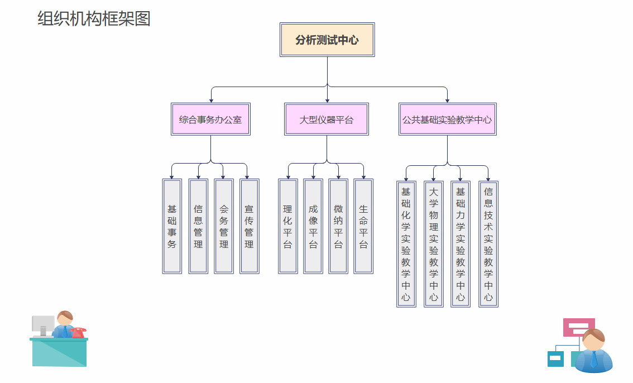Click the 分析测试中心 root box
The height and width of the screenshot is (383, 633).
click(327, 40)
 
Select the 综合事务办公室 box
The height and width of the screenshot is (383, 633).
click(210, 119)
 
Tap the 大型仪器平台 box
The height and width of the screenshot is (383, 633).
click(327, 119)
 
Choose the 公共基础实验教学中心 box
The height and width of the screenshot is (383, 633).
click(447, 119)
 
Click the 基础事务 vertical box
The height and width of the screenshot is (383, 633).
click(172, 226)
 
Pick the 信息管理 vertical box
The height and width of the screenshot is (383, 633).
click(198, 226)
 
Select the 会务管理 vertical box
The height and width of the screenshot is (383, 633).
click(224, 226)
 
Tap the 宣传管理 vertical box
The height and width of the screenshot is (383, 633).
click(250, 226)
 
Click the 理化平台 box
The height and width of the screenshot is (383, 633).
click(288, 226)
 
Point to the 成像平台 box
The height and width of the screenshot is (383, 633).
click(313, 226)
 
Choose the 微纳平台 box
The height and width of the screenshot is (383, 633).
click(338, 226)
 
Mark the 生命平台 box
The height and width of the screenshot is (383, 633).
click(363, 226)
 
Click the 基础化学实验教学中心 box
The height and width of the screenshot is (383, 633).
click(406, 244)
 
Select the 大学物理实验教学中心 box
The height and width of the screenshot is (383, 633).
click(434, 244)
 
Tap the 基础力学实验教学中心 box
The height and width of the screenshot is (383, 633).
click(461, 244)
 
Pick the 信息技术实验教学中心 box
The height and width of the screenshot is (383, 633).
click(488, 244)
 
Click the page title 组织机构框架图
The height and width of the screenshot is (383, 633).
click(94, 18)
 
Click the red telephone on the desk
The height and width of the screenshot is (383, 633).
click(79, 333)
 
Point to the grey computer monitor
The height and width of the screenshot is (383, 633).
click(43, 324)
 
